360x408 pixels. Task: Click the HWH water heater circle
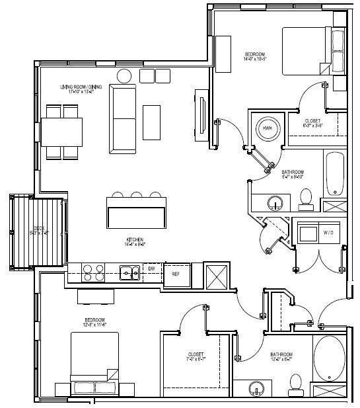click(268, 129)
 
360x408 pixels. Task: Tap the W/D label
click(328, 233)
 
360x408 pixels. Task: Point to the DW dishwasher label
click(152, 269)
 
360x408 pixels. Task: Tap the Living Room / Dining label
click(82, 89)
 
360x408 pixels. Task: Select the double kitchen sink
click(129, 271)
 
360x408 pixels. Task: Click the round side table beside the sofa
click(125, 76)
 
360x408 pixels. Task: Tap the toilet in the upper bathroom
click(305, 196)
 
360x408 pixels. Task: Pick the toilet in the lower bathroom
click(295, 382)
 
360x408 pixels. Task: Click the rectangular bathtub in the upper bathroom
click(334, 173)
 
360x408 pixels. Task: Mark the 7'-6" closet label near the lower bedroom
click(196, 357)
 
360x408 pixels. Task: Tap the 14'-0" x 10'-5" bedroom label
click(255, 56)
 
